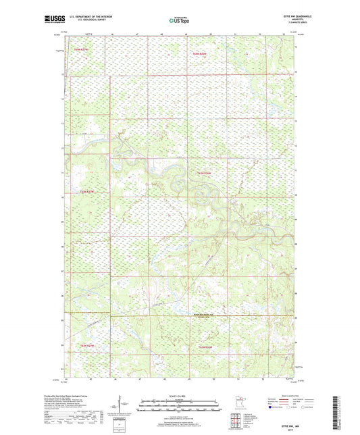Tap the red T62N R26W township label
tap(205, 174)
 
